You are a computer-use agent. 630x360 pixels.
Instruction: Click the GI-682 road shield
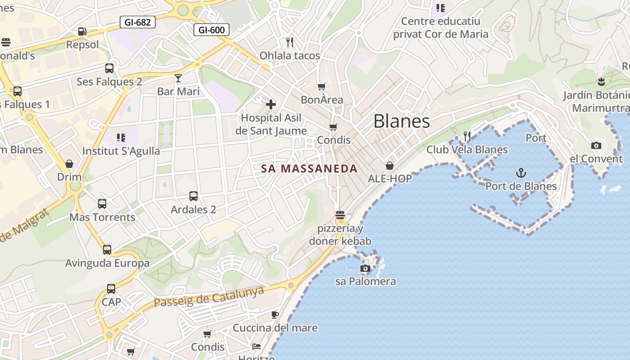(137, 22)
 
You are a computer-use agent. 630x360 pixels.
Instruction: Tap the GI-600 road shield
(211, 30)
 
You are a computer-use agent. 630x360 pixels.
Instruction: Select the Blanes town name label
(401, 121)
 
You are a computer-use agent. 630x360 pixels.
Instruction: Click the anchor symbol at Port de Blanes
(521, 173)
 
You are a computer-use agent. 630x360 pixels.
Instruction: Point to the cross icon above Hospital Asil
(271, 104)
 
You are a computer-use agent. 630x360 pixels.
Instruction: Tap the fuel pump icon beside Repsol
(82, 31)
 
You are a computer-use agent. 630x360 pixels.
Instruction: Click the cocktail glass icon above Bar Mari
(178, 78)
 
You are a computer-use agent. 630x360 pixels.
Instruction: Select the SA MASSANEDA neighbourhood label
(310, 169)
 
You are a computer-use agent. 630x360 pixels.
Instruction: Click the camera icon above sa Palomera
(365, 269)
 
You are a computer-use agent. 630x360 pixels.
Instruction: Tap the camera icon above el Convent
(596, 145)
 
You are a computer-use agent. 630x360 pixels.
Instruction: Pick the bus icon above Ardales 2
(193, 196)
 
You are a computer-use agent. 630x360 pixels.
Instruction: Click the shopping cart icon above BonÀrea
(321, 86)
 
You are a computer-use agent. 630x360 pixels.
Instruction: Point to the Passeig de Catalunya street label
(209, 297)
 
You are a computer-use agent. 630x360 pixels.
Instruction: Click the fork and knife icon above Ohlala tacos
(290, 42)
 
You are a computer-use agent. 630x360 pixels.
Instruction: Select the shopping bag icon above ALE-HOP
(390, 166)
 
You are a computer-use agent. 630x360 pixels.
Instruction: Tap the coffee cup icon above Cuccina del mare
(275, 315)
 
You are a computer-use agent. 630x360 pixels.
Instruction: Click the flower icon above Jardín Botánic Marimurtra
(601, 82)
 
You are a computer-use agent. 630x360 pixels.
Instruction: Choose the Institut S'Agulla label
(121, 151)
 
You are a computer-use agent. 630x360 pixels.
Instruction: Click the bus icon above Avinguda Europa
(107, 250)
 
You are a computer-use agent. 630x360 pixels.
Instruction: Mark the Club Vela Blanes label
(467, 149)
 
